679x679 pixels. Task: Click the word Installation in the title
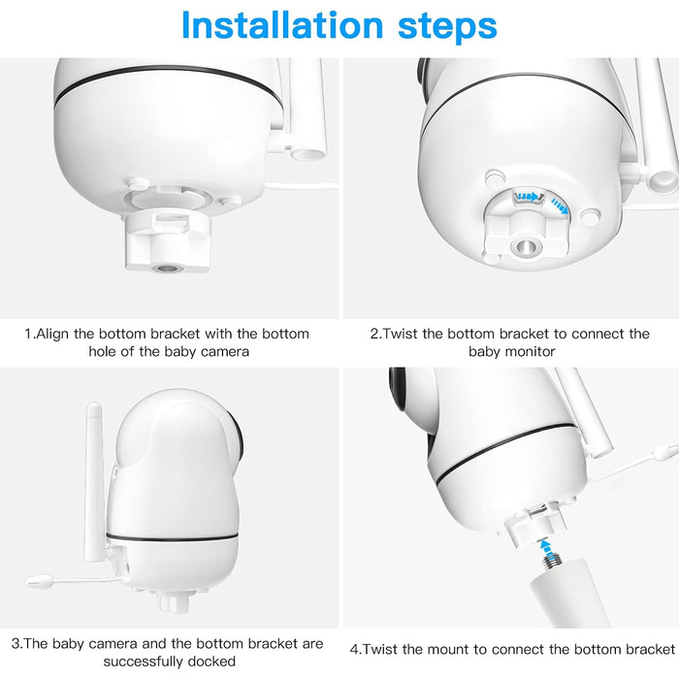click(x=282, y=25)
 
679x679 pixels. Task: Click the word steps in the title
click(x=447, y=28)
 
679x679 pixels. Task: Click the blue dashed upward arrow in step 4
click(x=548, y=547)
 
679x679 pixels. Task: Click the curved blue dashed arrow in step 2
click(x=560, y=206)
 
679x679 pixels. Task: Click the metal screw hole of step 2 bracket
click(x=526, y=246)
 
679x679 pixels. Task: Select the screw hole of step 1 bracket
click(x=167, y=269)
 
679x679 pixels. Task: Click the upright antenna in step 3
click(x=94, y=481)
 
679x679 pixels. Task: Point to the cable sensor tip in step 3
click(x=40, y=581)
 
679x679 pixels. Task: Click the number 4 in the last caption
click(x=354, y=650)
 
